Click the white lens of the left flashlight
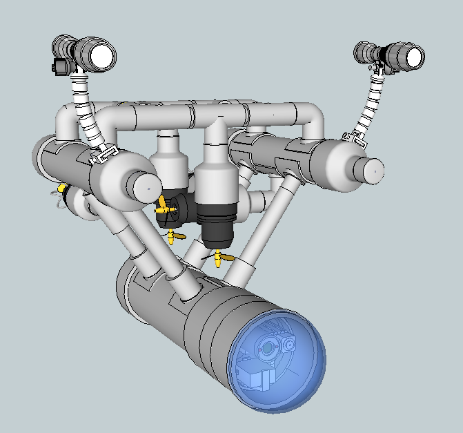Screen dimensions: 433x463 pos(102,55)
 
